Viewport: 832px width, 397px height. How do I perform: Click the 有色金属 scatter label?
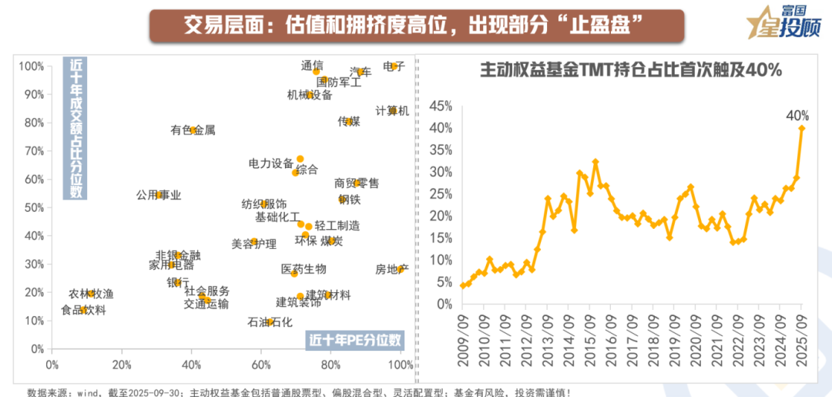[x=193, y=130]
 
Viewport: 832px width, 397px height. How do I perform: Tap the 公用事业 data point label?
[x=159, y=195]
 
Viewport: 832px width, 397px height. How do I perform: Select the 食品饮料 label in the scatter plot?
[x=83, y=311]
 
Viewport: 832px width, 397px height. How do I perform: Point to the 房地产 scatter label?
[x=391, y=269]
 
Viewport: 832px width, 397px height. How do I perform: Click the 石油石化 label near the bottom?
[x=270, y=322]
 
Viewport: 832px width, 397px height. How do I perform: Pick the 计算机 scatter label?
[x=392, y=111]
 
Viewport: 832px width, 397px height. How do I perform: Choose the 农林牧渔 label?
[x=91, y=294]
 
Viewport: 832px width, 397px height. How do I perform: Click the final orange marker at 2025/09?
[x=802, y=128]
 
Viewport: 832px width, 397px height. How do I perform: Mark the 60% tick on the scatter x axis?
[x=261, y=365]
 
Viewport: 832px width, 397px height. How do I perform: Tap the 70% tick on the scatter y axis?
[x=34, y=151]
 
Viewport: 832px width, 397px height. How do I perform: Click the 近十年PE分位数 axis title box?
[x=355, y=339]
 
